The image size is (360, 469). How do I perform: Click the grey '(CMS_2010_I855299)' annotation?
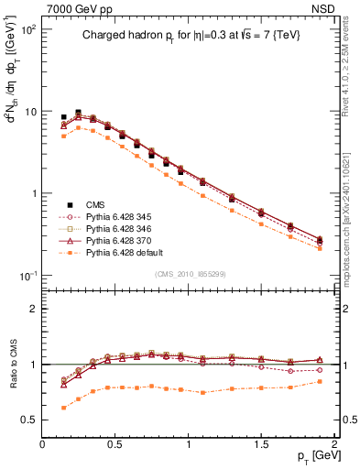(x=190, y=274)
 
